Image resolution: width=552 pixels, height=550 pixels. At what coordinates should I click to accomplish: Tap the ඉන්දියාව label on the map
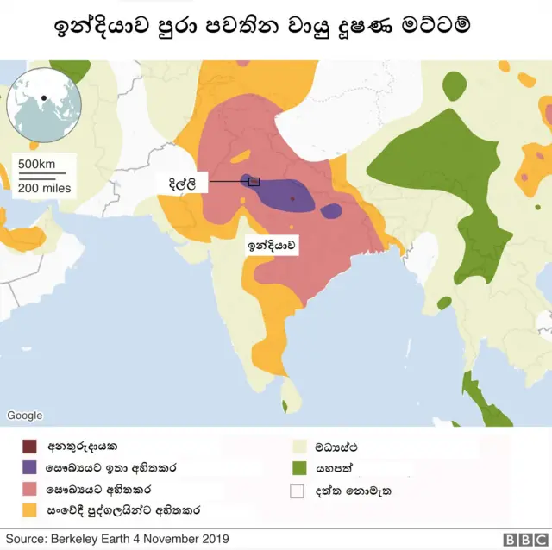[273, 246]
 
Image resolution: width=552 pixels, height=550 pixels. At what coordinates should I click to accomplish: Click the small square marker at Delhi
[254, 181]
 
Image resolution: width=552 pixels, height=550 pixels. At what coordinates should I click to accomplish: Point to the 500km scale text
[36, 165]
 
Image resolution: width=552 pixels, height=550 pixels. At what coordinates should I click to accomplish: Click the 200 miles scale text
[44, 188]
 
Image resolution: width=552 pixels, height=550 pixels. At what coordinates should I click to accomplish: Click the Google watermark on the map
[24, 416]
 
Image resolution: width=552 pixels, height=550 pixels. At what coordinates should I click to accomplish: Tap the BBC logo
[520, 540]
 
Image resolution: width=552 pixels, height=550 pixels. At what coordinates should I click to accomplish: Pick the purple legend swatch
[30, 468]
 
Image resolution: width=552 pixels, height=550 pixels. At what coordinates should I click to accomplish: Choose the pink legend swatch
[30, 489]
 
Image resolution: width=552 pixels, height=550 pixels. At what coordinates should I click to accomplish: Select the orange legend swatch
[30, 509]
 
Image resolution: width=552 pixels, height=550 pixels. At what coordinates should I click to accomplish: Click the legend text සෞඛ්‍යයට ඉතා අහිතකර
[113, 468]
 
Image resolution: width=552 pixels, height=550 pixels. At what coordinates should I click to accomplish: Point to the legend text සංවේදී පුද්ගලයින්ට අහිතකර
[125, 509]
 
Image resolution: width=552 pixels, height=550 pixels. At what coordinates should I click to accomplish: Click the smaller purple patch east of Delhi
[331, 211]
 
